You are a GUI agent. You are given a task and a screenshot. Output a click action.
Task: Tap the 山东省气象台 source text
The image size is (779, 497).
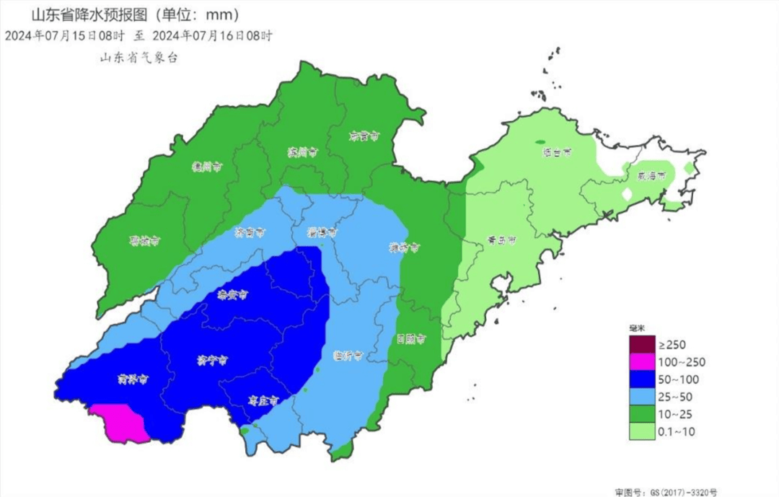click(138, 58)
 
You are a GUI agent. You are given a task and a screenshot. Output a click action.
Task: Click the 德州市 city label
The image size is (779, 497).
click(206, 166)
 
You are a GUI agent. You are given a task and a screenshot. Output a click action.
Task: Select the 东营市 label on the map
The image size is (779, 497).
click(364, 135)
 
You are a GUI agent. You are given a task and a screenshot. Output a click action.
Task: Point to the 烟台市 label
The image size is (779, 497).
click(557, 152)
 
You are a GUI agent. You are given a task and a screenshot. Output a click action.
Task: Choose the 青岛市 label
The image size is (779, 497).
click(501, 242)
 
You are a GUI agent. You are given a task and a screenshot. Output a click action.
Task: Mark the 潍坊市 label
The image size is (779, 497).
click(405, 248)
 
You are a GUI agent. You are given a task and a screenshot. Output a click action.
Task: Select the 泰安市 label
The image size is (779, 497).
click(232, 295)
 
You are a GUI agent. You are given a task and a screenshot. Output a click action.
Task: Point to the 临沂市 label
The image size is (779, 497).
click(348, 356)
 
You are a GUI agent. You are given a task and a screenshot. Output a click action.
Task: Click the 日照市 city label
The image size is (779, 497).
click(410, 338)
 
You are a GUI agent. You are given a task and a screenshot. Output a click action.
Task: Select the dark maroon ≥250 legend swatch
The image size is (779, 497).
click(639, 344)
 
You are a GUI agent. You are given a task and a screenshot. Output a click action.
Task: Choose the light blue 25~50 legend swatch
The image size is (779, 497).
click(639, 397)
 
